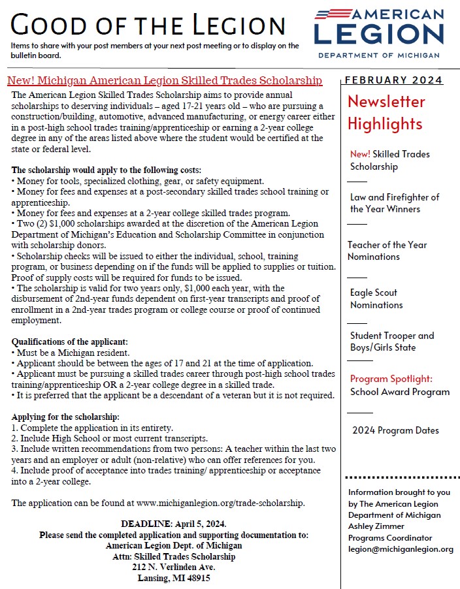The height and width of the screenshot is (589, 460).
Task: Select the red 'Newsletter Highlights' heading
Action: pos(386,112)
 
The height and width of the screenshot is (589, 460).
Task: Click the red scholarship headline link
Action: pos(164,80)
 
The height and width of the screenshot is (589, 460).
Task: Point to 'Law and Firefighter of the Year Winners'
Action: pos(394,203)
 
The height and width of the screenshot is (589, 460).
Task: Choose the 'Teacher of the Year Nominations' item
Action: pos(387,251)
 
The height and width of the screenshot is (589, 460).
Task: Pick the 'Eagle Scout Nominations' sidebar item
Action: pos(376,298)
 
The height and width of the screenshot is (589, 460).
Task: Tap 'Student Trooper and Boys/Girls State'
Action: pos(392,342)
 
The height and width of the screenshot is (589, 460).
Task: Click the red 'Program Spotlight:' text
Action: pos(390,379)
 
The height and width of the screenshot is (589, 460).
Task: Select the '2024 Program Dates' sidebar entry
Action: pos(395,430)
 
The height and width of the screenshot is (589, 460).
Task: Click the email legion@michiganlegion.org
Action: pos(401,549)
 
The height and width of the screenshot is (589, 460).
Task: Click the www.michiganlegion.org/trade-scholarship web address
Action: pos(220,503)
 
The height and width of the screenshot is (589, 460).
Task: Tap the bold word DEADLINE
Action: pos(145,524)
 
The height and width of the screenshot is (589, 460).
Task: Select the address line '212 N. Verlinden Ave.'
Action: pos(173,567)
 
